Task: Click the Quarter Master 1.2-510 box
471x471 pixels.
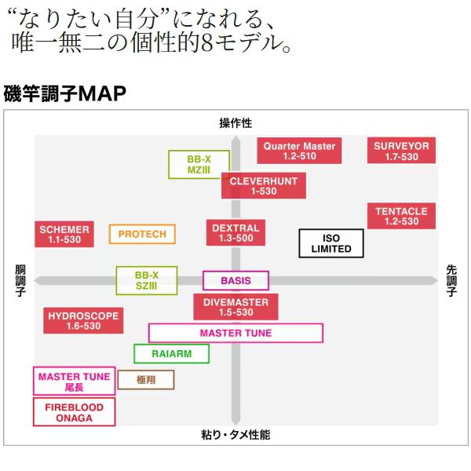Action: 299,151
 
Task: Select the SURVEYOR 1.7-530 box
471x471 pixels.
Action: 401,151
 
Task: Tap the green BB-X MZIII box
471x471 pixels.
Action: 199,165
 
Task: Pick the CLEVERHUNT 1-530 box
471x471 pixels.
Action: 264,185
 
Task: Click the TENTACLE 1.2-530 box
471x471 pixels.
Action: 401,216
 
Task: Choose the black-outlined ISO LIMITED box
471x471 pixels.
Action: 331,243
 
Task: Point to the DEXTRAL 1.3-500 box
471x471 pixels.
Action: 235,233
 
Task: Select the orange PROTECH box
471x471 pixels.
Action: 142,234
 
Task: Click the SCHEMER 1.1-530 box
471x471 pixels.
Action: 64,234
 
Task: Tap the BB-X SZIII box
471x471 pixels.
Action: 147,280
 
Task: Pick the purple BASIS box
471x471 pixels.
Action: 235,280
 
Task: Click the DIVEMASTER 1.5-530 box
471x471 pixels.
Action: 235,307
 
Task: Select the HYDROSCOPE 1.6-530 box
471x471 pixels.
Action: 83,321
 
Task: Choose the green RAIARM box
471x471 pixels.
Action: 171,353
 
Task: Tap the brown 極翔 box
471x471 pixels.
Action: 146,380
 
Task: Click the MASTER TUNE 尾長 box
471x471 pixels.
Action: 75,382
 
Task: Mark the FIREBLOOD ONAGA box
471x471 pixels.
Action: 75,412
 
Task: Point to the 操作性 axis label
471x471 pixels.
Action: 235,123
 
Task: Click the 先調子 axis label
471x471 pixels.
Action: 451,280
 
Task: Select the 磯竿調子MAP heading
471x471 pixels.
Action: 64,93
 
